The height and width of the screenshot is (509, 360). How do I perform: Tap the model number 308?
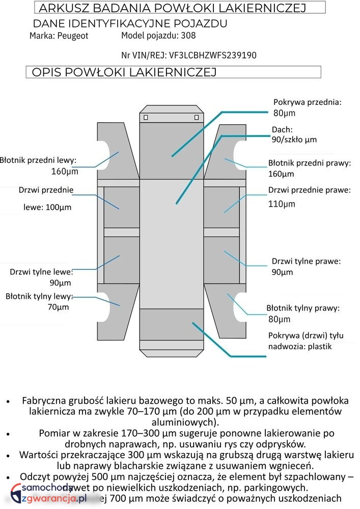click(188, 36)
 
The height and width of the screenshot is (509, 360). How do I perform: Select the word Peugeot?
click(73, 36)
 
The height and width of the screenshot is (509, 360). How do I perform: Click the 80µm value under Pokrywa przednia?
click(284, 113)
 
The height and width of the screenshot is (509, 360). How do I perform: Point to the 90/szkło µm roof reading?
click(294, 139)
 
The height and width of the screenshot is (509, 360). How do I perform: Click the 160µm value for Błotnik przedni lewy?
click(65, 171)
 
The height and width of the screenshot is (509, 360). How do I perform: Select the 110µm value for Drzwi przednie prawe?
click(282, 204)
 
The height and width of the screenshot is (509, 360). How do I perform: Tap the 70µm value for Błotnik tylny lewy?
click(59, 307)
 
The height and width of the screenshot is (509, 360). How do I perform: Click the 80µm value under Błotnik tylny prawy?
click(279, 319)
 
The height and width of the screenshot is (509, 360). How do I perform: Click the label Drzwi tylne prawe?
click(306, 261)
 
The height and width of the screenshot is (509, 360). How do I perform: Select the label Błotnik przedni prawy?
click(310, 163)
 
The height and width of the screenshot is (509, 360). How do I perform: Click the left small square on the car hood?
click(146, 118)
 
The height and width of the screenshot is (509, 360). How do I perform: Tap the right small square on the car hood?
click(197, 118)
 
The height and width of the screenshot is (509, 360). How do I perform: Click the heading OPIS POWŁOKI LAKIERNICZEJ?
click(124, 72)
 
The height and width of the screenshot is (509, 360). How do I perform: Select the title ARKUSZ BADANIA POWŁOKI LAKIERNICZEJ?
click(172, 8)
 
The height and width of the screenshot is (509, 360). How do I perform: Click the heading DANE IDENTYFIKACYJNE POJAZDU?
click(130, 23)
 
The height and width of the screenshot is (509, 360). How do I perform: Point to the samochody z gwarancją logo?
click(49, 494)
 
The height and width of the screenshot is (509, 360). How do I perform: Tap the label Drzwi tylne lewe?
click(41, 272)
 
